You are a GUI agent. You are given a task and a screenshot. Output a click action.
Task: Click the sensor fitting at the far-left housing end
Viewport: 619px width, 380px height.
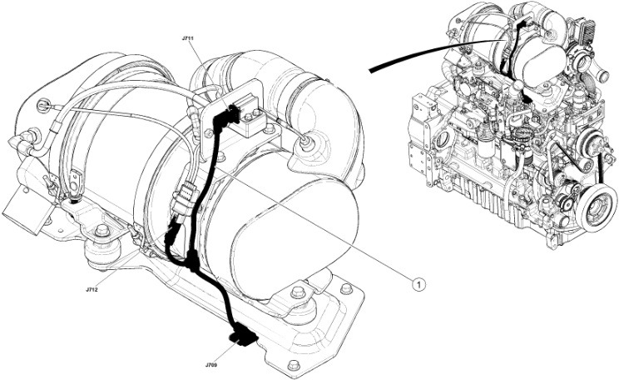(x=42, y=105)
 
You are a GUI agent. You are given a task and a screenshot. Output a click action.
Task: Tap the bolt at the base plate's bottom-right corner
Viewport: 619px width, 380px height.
(x=293, y=364)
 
